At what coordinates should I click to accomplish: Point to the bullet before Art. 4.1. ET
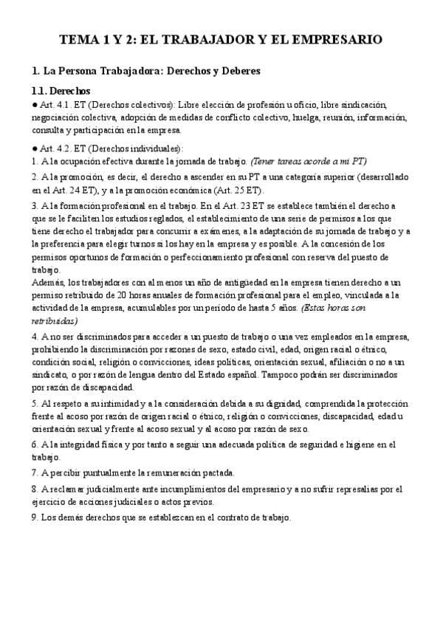35,105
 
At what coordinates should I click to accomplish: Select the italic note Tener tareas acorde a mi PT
309,160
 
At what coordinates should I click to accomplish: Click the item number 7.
35,472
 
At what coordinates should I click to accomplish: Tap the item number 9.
35,517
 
